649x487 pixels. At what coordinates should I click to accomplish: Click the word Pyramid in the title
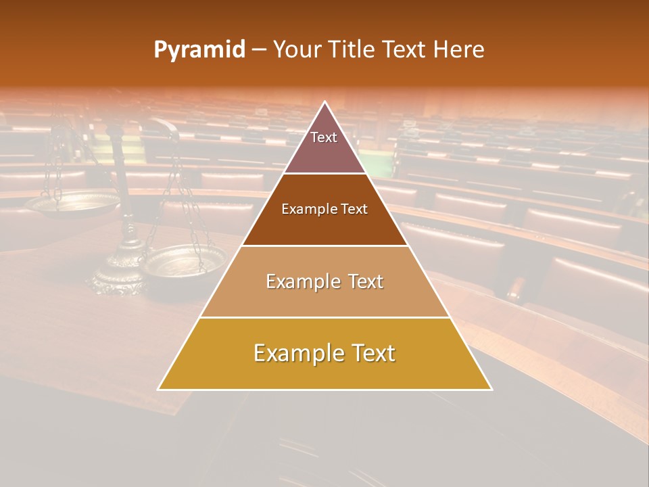(199, 50)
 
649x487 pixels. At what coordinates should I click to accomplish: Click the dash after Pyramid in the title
(259, 50)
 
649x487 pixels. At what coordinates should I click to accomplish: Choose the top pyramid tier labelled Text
(324, 145)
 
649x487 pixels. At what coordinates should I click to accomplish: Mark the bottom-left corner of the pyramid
(159, 389)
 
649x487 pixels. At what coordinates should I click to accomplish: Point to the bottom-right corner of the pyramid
(491, 389)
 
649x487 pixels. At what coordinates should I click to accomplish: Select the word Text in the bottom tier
(372, 353)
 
